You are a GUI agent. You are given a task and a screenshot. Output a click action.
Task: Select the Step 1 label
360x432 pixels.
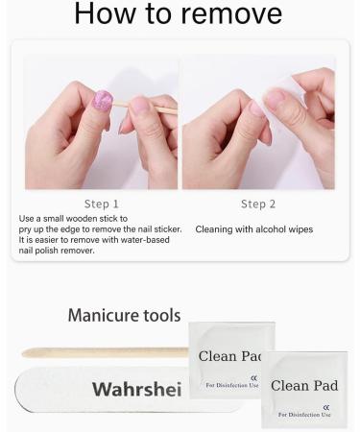pos(102,204)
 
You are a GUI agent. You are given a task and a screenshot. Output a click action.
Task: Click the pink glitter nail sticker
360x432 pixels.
pos(102,101)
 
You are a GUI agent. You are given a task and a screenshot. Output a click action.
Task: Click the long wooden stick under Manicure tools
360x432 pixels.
pos(106,352)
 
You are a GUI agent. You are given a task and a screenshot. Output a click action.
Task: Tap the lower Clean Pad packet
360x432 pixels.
pos(305,387)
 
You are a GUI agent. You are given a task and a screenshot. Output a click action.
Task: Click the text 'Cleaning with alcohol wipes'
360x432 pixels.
pos(253,229)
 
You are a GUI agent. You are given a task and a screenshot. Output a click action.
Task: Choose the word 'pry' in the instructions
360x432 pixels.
pos(27,229)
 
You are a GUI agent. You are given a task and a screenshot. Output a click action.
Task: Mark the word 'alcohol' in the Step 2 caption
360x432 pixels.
pos(264,229)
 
